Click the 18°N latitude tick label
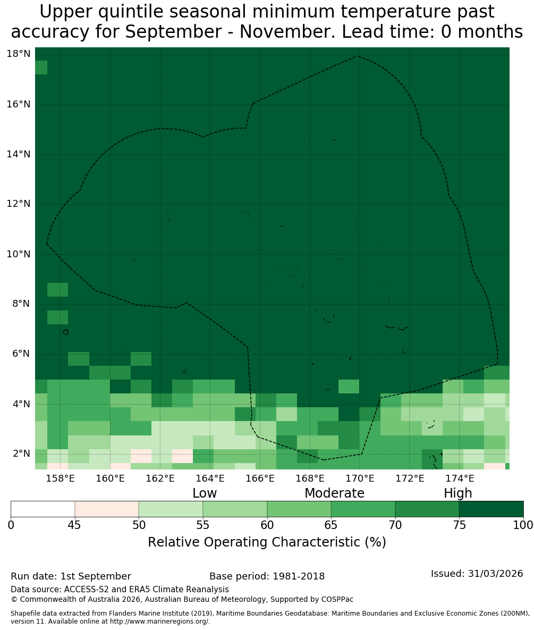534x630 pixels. click(19, 54)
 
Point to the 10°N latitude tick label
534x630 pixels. click(19, 254)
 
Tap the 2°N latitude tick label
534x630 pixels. click(21, 453)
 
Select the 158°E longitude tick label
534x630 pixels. click(61, 478)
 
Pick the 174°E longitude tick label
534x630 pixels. click(460, 478)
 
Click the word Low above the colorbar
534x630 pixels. click(205, 493)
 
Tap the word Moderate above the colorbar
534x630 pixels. click(334, 493)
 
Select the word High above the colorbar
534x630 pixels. click(457, 493)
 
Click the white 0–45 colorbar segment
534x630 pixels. click(43, 509)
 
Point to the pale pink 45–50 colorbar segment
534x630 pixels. click(107, 509)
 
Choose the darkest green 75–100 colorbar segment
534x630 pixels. click(491, 509)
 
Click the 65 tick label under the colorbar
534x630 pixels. click(331, 525)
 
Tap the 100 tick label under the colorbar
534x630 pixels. click(523, 525)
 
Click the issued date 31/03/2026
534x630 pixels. click(495, 574)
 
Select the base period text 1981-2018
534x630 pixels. click(299, 576)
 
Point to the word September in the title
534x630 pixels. click(173, 32)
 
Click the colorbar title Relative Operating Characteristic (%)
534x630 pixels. click(267, 542)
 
